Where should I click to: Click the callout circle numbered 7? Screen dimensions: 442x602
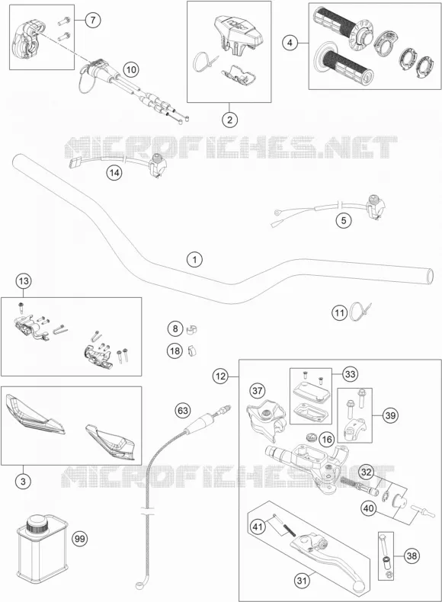pos(92,20)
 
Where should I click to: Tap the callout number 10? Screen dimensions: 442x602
pos(131,70)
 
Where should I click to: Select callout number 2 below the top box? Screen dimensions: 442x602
pos(229,120)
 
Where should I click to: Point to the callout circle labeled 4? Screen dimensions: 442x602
pos(290,43)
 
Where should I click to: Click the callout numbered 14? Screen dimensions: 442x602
pos(114,173)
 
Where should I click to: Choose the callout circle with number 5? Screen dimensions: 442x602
pos(344,220)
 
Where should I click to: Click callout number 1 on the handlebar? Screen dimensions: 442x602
pos(194,260)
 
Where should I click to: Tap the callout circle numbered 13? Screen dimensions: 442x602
pos(24,281)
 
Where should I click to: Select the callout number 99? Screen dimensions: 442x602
pos(79,539)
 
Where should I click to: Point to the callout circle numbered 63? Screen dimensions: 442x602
pos(183,411)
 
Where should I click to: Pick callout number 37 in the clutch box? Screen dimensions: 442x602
pos(258,391)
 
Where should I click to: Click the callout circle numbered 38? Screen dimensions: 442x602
pos(412,556)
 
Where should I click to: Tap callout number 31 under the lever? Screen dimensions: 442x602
pos(303,581)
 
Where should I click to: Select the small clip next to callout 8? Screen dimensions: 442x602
pos(191,329)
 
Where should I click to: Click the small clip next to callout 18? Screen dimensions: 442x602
pos(192,351)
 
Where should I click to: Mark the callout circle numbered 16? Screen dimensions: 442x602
pos(326,439)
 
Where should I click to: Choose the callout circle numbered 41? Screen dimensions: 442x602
pos(258,526)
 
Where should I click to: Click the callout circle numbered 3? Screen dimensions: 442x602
pos(23,481)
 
